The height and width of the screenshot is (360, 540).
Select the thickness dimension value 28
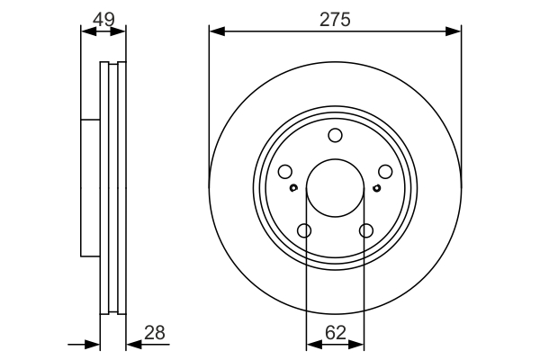[155, 332]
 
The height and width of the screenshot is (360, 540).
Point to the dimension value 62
[335, 332]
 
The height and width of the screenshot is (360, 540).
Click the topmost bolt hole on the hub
[335, 136]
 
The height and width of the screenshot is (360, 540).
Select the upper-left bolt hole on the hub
[285, 172]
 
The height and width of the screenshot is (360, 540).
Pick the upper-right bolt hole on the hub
[384, 172]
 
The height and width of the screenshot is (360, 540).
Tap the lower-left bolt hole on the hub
[304, 231]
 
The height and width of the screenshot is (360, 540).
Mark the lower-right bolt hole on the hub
[365, 231]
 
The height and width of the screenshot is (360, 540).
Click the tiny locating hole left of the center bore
[294, 188]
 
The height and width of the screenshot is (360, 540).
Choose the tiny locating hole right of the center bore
[375, 188]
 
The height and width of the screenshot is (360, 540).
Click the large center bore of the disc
[335, 188]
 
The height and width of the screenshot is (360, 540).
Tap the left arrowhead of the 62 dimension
[311, 343]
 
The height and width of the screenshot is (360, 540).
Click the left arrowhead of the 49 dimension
[87, 31]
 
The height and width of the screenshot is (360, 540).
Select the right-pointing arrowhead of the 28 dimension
[94, 343]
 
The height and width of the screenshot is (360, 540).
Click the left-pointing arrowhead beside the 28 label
[132, 343]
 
